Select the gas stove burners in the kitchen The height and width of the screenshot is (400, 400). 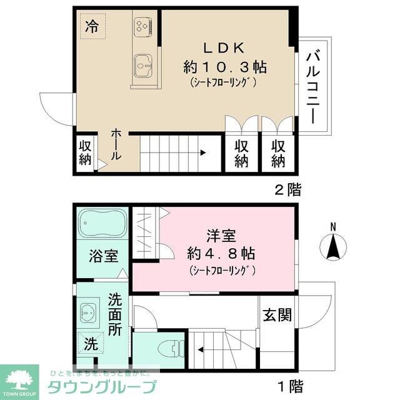point(142,25)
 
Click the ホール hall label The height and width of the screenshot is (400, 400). point(116,145)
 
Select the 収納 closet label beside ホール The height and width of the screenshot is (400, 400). point(85,152)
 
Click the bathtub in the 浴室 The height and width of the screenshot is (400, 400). point(103,222)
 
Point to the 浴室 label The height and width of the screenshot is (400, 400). point(103,257)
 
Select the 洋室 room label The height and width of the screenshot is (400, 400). point(221,236)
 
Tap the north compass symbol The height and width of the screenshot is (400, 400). point(333,246)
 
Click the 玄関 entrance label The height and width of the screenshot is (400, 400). point(276,314)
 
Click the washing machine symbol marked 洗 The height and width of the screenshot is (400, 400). point(91,342)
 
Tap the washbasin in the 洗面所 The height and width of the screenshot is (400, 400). point(89,311)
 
